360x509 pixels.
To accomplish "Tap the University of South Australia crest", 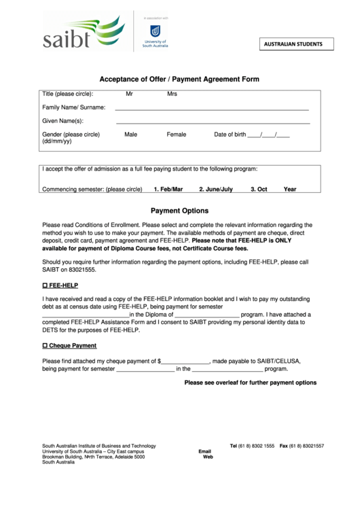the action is tap(155, 31).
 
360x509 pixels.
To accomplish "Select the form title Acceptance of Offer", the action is tap(180, 80).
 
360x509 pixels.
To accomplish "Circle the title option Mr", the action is tap(130, 94).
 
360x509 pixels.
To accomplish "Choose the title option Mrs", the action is tap(172, 94).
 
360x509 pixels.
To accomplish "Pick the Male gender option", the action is tap(131, 135).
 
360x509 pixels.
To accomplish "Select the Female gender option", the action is tap(177, 135).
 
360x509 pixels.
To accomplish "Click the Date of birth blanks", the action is tap(269, 135).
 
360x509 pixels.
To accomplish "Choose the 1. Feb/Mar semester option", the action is tap(168, 190).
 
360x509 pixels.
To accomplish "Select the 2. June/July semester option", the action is tap(216, 190).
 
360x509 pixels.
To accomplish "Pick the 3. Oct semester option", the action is tap(259, 190).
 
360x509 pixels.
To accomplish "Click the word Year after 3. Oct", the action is tap(290, 190).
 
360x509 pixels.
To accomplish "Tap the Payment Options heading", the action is tap(180, 211).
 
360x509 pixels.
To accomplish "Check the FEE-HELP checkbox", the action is tap(45, 286).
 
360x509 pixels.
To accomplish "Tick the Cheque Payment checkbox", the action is tap(45, 346).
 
